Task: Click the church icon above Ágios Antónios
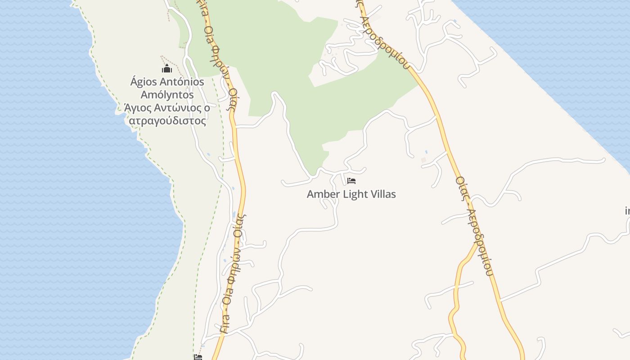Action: coord(167,69)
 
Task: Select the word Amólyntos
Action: coord(167,95)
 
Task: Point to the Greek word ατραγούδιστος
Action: coord(167,121)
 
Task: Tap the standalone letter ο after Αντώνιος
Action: coord(207,108)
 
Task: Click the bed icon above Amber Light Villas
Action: coord(351,181)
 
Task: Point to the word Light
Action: coord(355,194)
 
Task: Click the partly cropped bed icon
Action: coord(198,357)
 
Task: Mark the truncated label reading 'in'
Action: coord(627,211)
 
